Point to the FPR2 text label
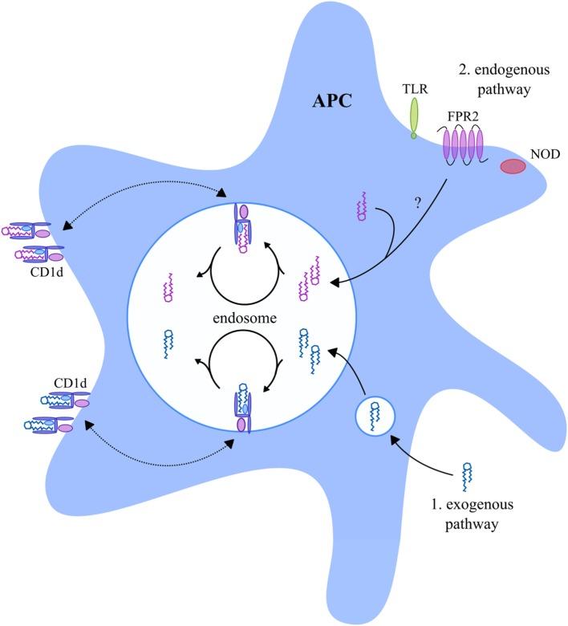tap(465, 116)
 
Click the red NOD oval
tap(513, 166)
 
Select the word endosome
tap(245, 319)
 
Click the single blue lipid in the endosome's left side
tap(169, 343)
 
